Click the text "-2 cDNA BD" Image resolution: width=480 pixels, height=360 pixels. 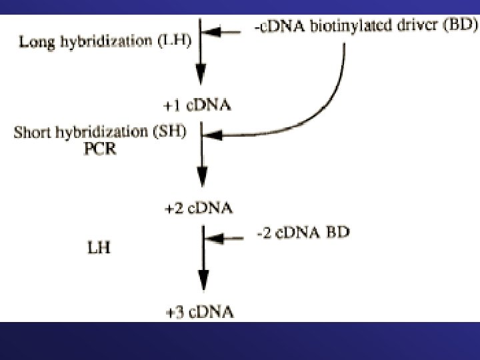point(303,235)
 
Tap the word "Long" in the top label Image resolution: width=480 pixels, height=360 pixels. point(33,43)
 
